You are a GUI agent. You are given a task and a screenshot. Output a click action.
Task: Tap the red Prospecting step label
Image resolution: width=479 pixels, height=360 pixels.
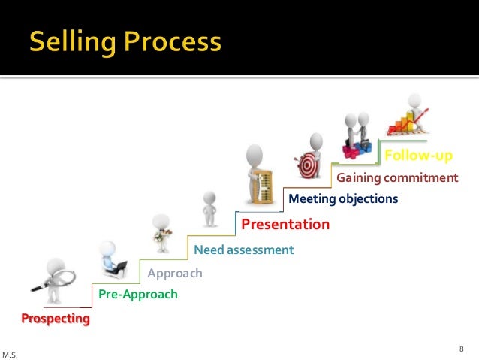tap(55, 319)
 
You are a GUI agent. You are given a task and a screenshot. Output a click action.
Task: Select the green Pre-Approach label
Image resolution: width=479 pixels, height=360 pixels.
tap(138, 294)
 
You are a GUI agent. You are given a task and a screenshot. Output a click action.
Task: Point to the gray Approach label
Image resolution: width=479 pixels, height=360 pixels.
tap(175, 273)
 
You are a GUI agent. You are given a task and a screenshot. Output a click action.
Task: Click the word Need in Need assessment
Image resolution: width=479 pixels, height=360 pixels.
tap(209, 249)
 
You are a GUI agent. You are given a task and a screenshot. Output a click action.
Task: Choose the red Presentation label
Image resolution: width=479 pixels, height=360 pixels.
tap(285, 224)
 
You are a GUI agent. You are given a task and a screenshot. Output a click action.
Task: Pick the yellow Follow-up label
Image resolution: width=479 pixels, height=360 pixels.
tap(418, 156)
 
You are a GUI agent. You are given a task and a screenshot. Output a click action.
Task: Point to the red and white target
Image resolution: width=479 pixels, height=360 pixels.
tap(308, 165)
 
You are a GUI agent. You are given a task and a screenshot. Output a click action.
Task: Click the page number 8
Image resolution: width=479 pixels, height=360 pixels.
tap(462, 348)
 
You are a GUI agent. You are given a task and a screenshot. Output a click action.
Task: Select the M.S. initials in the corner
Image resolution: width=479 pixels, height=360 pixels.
tap(11, 353)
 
